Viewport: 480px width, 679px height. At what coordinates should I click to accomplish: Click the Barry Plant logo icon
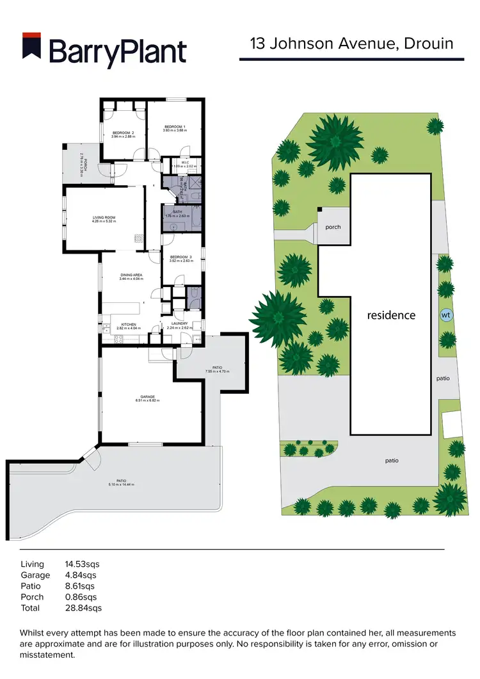click(x=31, y=50)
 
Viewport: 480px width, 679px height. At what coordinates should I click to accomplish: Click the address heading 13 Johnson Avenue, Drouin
click(x=351, y=44)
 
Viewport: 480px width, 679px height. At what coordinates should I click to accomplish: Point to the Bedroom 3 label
click(x=181, y=259)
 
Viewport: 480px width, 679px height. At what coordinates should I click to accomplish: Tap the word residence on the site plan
click(x=391, y=315)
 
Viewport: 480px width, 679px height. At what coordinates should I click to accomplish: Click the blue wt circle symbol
click(x=445, y=316)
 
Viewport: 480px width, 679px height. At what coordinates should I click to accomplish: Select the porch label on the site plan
click(x=333, y=227)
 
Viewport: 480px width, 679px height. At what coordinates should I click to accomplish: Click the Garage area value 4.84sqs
click(x=81, y=575)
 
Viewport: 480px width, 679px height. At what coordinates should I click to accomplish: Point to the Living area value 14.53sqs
click(x=83, y=564)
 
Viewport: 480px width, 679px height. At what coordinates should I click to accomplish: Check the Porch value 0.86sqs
click(x=81, y=597)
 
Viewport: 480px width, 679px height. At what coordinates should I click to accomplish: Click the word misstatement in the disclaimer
click(x=48, y=655)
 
